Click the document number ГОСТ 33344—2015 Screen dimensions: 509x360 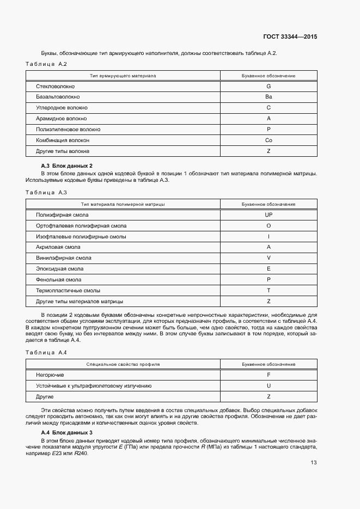(x=291, y=37)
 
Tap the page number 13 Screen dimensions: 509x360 (x=314, y=462)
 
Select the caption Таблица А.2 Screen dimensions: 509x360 (x=46, y=65)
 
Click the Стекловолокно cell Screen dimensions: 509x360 (x=56, y=87)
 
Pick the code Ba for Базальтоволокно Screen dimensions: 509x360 (x=269, y=97)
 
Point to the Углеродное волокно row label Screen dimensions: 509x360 (x=62, y=108)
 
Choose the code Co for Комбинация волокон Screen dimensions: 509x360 (x=269, y=140)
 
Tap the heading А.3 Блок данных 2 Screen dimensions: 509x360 (x=67, y=165)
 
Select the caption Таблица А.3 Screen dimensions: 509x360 (x=46, y=193)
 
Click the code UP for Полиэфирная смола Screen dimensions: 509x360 (x=269, y=215)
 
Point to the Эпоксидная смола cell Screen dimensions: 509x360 (x=59, y=269)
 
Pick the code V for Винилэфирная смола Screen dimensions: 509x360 (x=269, y=258)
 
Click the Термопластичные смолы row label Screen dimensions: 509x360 (x=68, y=290)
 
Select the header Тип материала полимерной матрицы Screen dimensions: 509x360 (x=123, y=204)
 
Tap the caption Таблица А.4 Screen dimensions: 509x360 (x=46, y=353)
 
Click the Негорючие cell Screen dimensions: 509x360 (x=50, y=375)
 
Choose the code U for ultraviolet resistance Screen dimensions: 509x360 (x=269, y=385)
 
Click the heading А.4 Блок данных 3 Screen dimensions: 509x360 (x=67, y=432)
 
